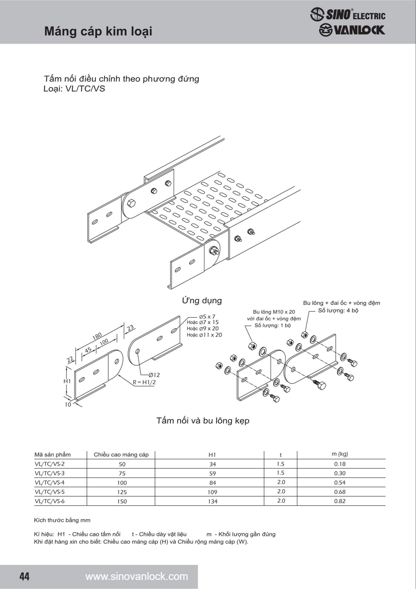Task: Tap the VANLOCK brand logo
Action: pyautogui.click(x=352, y=30)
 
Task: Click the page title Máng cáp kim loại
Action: pyautogui.click(x=98, y=31)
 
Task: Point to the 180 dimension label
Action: pyautogui.click(x=97, y=336)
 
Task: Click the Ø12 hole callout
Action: pyautogui.click(x=154, y=375)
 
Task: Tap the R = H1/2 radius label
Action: pyautogui.click(x=144, y=382)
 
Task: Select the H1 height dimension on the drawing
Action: pyautogui.click(x=67, y=381)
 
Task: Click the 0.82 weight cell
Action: pyautogui.click(x=340, y=501)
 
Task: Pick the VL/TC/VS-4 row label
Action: pyautogui.click(x=49, y=483)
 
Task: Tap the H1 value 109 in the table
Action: pyautogui.click(x=213, y=492)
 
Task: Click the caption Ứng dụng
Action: pyautogui.click(x=202, y=300)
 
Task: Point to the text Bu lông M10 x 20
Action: pyautogui.click(x=274, y=312)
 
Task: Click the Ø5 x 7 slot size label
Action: pyautogui.click(x=207, y=317)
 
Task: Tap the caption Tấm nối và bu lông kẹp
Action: pyautogui.click(x=202, y=421)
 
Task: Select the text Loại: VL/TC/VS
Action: pyautogui.click(x=74, y=89)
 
